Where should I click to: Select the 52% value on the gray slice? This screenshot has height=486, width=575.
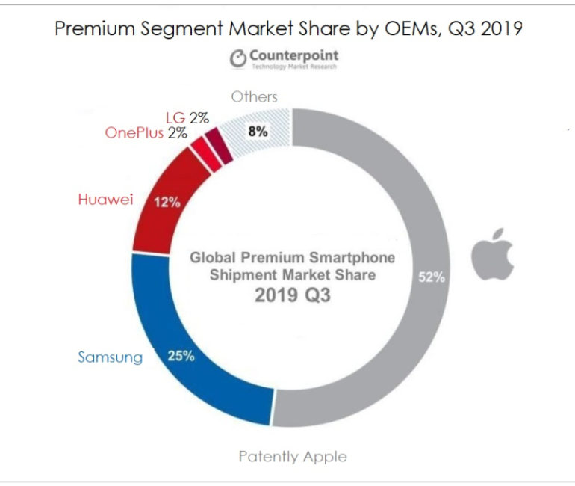(432, 277)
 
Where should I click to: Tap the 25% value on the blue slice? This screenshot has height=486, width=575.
(181, 356)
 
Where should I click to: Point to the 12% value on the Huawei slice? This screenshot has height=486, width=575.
(167, 202)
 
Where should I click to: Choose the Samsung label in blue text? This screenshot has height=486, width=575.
(110, 357)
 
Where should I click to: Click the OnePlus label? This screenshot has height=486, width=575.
(133, 133)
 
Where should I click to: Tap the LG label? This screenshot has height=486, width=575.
(175, 117)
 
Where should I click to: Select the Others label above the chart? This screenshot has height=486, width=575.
(254, 96)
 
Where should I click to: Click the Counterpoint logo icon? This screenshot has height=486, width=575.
(237, 58)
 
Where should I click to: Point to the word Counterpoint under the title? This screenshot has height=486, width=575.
(293, 55)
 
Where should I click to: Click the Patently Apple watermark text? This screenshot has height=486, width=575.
(293, 455)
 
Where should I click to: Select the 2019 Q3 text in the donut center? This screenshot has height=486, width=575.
(292, 295)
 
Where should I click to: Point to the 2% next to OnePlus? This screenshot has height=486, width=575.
(178, 133)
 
